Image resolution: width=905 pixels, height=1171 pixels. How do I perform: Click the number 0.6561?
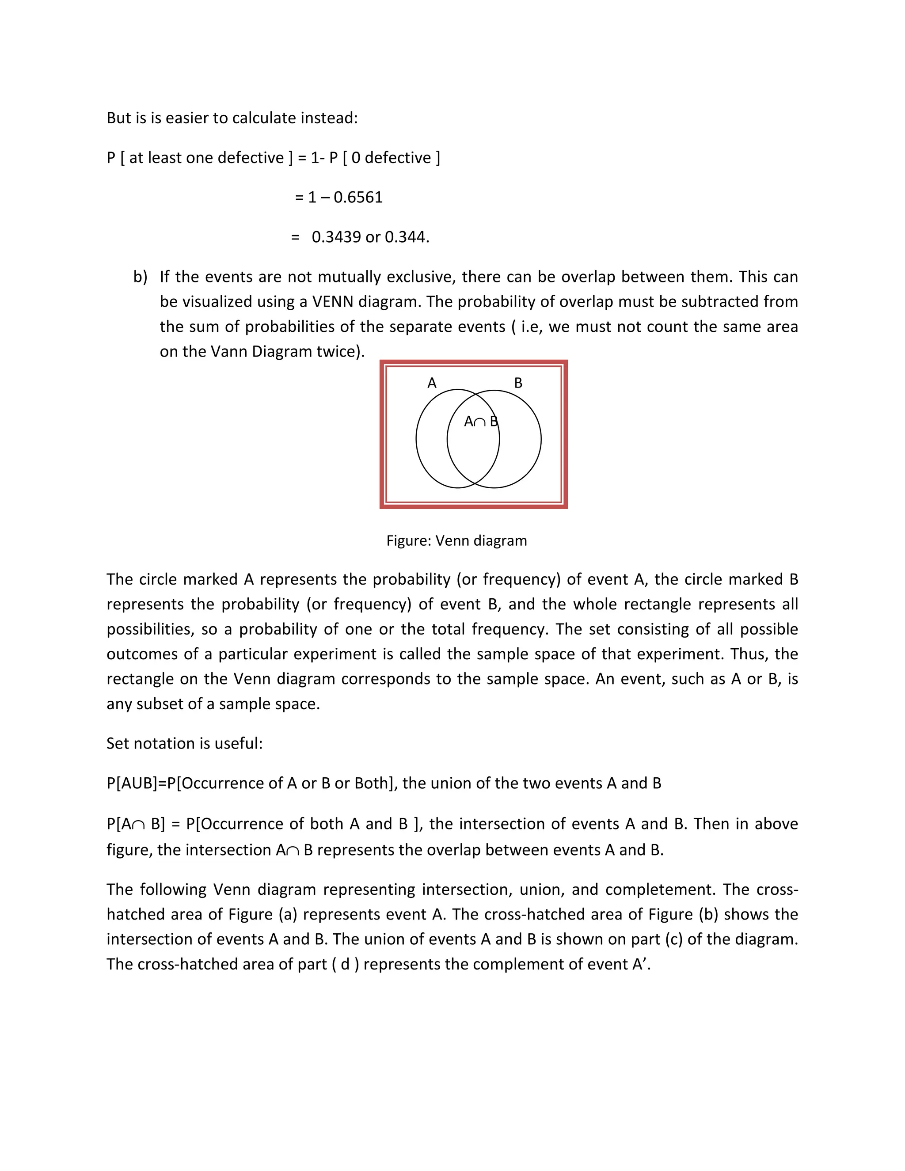[357, 198]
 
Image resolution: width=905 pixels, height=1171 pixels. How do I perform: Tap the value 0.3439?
[336, 237]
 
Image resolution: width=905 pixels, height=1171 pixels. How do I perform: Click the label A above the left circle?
[432, 383]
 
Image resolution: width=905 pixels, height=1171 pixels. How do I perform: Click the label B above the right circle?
[518, 383]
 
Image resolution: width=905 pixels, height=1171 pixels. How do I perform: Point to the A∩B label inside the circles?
[481, 422]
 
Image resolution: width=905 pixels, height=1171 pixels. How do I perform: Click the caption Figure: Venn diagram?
[456, 540]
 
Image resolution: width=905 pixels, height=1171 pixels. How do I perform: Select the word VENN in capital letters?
[332, 302]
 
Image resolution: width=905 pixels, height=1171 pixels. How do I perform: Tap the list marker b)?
[140, 277]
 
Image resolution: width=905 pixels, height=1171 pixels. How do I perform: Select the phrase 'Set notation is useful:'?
[184, 744]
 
